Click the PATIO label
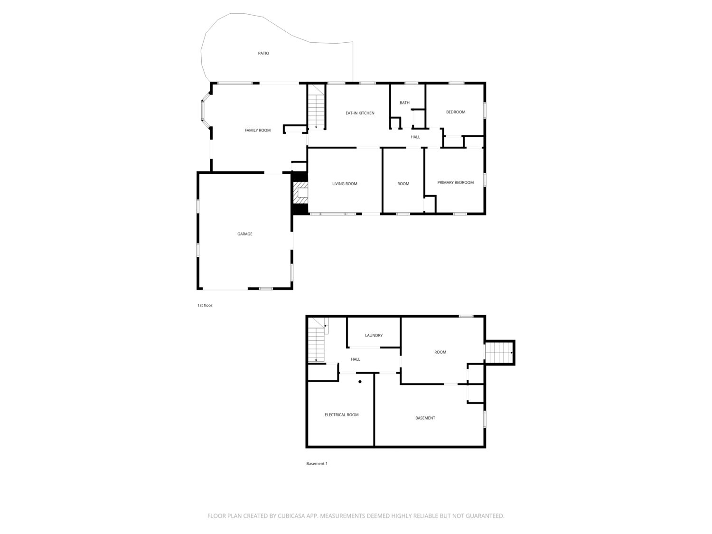pyautogui.click(x=263, y=53)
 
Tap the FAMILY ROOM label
pyautogui.click(x=257, y=131)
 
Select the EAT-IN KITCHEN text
pyautogui.click(x=360, y=113)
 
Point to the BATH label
pyautogui.click(x=404, y=103)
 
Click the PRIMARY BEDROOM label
pyautogui.click(x=455, y=183)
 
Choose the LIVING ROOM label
pyautogui.click(x=345, y=184)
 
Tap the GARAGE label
pyautogui.click(x=244, y=234)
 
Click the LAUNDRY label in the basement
pyautogui.click(x=374, y=335)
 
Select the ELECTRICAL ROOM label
pyautogui.click(x=342, y=415)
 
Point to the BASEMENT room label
pyautogui.click(x=425, y=418)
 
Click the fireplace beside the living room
pyautogui.click(x=300, y=193)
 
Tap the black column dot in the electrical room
pyautogui.click(x=360, y=382)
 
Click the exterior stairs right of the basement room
pyautogui.click(x=499, y=352)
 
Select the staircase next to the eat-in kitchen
pyautogui.click(x=316, y=107)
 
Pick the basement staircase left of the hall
pyautogui.click(x=316, y=340)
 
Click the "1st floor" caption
pyautogui.click(x=205, y=305)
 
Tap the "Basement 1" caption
pyautogui.click(x=317, y=463)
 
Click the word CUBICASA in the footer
pyautogui.click(x=291, y=516)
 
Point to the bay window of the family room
pyautogui.click(x=206, y=110)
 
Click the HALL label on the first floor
pyautogui.click(x=415, y=137)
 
